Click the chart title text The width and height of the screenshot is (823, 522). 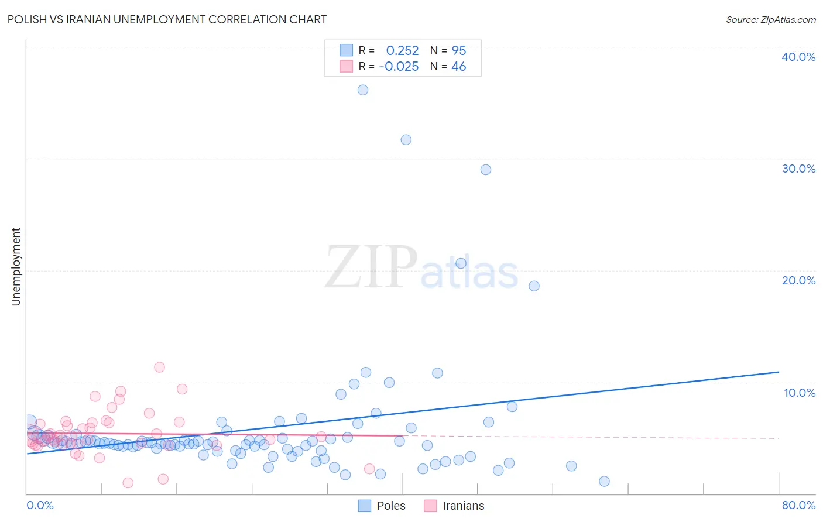click(167, 19)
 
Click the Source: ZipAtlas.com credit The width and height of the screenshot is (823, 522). click(770, 19)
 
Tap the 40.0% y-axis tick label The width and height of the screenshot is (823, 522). click(798, 57)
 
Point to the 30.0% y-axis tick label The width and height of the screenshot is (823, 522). click(798, 169)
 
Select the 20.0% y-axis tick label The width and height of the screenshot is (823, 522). click(798, 280)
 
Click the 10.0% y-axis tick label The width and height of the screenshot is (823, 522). click(799, 393)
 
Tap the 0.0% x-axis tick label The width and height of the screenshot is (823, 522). click(40, 505)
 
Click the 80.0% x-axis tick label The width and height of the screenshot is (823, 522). click(798, 505)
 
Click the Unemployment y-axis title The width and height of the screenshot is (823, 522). click(16, 267)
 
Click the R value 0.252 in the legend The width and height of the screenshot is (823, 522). click(402, 51)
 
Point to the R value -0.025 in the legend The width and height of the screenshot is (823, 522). click(399, 67)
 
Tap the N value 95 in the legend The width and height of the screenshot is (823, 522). click(459, 51)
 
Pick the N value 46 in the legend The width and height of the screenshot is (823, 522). click(459, 67)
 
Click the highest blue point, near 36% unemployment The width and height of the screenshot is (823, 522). click(363, 90)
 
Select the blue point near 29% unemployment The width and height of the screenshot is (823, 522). click(486, 170)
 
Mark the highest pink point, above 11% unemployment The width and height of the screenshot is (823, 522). click(159, 368)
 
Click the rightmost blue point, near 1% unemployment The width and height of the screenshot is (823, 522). click(605, 481)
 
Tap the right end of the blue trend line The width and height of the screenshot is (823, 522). click(779, 372)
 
